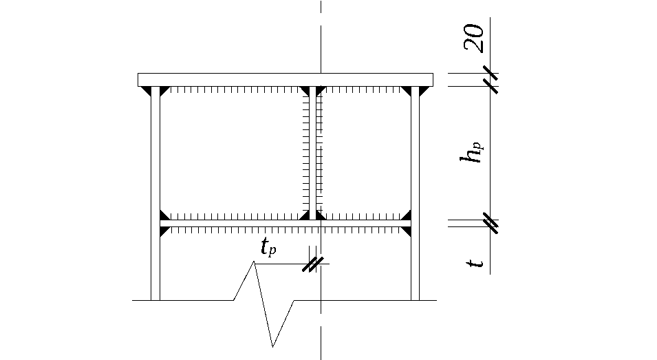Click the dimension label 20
point(474,38)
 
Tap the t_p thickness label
point(268,247)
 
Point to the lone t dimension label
point(475,263)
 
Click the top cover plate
point(286,80)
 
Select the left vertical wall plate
point(155,193)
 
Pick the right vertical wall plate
point(416,193)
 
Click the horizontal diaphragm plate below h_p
point(286,224)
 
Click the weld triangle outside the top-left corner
point(146,91)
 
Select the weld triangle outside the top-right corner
point(424,91)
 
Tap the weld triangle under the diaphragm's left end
point(164,231)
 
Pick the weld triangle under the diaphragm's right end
point(407,231)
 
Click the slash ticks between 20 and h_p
point(491,80)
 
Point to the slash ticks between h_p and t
point(491,224)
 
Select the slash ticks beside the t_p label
point(313,264)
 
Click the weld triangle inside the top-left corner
point(164,91)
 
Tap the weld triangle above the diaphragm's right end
point(407,215)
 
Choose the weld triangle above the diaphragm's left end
point(164,215)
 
